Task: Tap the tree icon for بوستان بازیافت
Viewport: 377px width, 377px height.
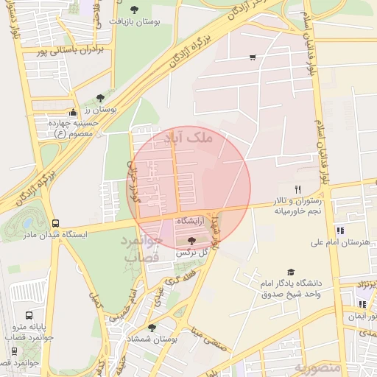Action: tap(133, 9)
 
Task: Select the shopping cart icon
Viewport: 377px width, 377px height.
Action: tap(253, 57)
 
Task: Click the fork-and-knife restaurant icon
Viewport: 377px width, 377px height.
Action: tap(297, 189)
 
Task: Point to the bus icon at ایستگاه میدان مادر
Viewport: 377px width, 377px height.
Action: tap(56, 223)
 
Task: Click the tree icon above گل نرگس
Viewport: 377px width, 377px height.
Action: tap(192, 241)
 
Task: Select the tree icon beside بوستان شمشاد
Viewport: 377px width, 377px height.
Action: tap(152, 328)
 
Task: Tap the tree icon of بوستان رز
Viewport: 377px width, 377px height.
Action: tap(100, 98)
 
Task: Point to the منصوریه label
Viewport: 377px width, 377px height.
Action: tap(319, 366)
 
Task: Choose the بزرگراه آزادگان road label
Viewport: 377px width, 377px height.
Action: tap(170, 52)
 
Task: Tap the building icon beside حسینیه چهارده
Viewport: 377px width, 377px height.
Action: tap(72, 113)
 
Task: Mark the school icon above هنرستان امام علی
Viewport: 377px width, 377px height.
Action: tap(339, 230)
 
